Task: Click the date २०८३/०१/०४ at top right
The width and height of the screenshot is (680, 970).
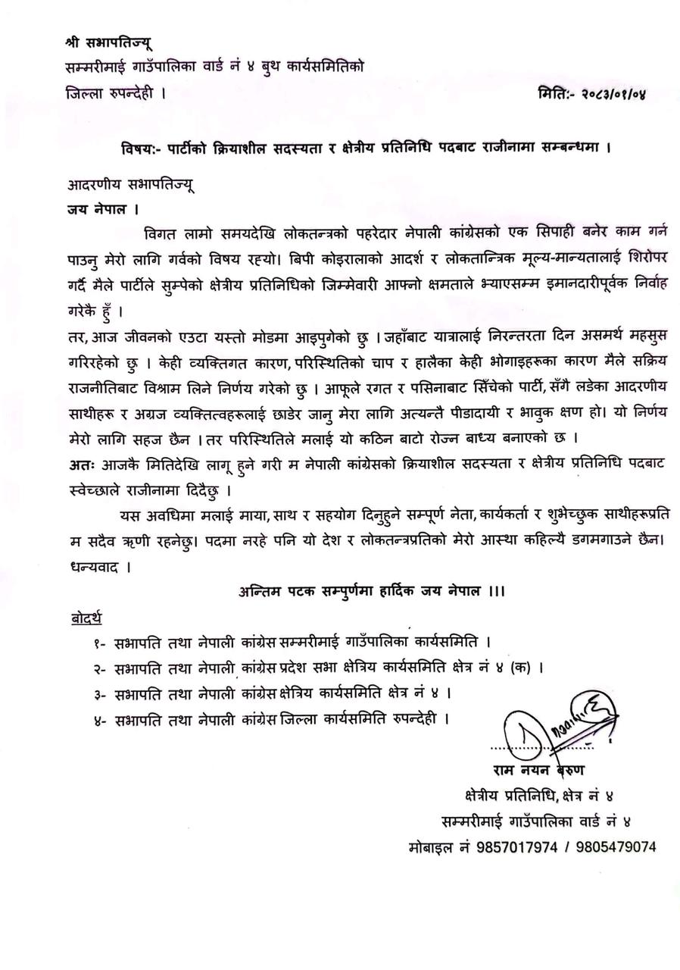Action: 614,94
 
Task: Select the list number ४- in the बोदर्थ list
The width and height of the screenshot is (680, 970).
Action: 100,718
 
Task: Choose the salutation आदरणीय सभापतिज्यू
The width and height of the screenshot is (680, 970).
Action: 131,184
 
